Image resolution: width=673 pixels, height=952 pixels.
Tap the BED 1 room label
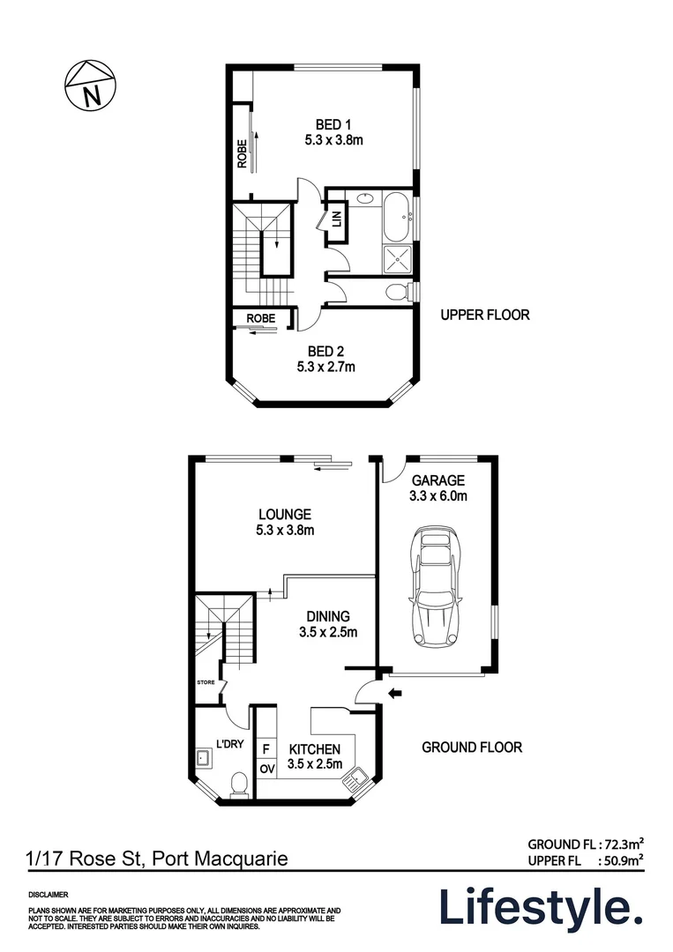pos(334,124)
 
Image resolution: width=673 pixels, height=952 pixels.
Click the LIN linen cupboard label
pos(337,218)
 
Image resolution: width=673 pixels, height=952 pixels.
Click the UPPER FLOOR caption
pos(485,315)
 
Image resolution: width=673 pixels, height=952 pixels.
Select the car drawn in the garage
pos(437,587)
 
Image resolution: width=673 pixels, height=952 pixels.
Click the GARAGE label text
pos(437,480)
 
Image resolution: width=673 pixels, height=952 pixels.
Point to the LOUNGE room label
pos(284,515)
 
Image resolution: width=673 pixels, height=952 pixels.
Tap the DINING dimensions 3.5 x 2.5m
pos(327,632)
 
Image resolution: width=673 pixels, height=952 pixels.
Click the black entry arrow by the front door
pos(395,694)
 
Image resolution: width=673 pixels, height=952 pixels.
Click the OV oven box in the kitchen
pos(265,770)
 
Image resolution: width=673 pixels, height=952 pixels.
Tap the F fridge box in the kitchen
pos(265,748)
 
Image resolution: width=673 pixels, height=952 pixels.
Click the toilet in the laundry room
pos(238,783)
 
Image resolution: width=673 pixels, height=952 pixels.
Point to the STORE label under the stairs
pos(206,681)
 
